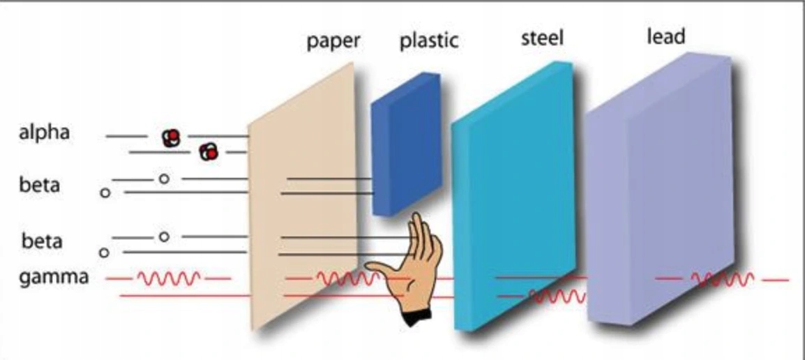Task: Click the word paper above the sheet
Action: pyautogui.click(x=333, y=40)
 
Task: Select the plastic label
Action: pyautogui.click(x=429, y=40)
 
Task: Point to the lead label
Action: pyautogui.click(x=665, y=36)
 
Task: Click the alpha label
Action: pyautogui.click(x=44, y=132)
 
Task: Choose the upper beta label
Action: pyautogui.click(x=40, y=186)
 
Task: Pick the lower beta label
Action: pyautogui.click(x=41, y=241)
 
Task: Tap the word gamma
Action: pyautogui.click(x=54, y=277)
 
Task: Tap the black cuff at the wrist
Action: pyautogui.click(x=416, y=317)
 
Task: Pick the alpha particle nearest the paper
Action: pyautogui.click(x=209, y=151)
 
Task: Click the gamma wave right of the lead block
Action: pyautogui.click(x=722, y=280)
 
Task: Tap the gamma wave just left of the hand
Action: pyautogui.click(x=345, y=279)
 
